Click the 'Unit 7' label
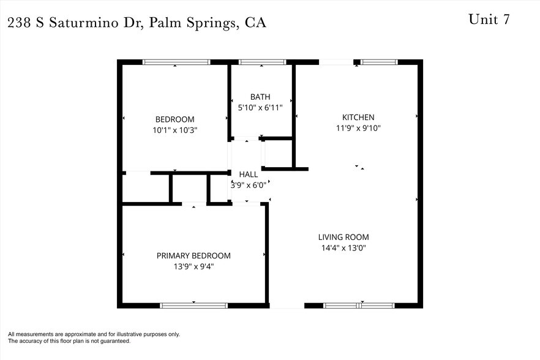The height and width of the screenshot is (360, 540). coord(489,19)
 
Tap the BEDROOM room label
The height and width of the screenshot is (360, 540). coord(174,119)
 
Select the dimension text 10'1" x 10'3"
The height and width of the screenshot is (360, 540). coord(174,130)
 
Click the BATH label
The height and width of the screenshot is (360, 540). coord(260,97)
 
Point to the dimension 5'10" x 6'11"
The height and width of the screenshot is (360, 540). coord(260,107)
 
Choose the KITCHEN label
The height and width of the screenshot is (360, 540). coord(358,118)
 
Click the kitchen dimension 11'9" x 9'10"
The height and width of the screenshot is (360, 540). coord(358,128)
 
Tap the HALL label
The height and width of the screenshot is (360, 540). coord(248,174)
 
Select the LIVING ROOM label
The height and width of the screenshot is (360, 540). coord(343,237)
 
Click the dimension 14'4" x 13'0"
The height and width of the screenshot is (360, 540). coord(343,248)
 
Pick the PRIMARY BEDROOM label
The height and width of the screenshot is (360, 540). coord(193,256)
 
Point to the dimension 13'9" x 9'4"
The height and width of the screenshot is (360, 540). coord(193,266)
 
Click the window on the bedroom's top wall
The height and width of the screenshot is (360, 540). coord(176,62)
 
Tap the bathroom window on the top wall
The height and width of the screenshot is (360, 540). coord(262,62)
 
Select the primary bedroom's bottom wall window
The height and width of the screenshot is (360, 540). coord(193,305)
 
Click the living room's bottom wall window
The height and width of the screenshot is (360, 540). coord(359,305)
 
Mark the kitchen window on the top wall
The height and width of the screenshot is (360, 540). coord(379,62)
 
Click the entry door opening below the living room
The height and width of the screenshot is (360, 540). coord(287,305)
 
